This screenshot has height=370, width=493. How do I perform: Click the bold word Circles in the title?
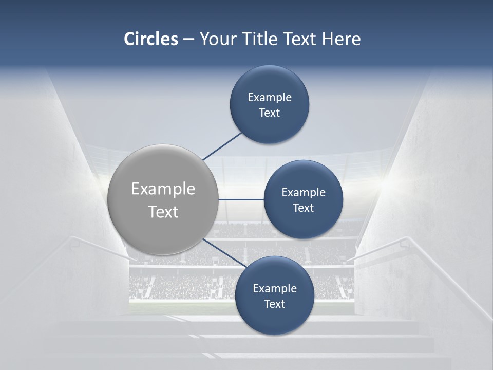coord(151,39)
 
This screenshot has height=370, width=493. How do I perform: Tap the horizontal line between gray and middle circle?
coord(241,199)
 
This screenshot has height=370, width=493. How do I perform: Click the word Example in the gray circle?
coord(163,189)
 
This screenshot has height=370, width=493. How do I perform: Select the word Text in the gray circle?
coord(163,212)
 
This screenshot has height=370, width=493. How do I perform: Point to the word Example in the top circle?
coord(270,97)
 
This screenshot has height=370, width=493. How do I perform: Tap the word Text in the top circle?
coord(270,113)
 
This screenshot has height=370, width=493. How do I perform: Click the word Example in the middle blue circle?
coord(304,192)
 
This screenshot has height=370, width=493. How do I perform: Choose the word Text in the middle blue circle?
coord(304,208)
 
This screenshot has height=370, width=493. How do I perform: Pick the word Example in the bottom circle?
coord(275,288)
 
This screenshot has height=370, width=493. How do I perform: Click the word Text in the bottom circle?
coord(275,304)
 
